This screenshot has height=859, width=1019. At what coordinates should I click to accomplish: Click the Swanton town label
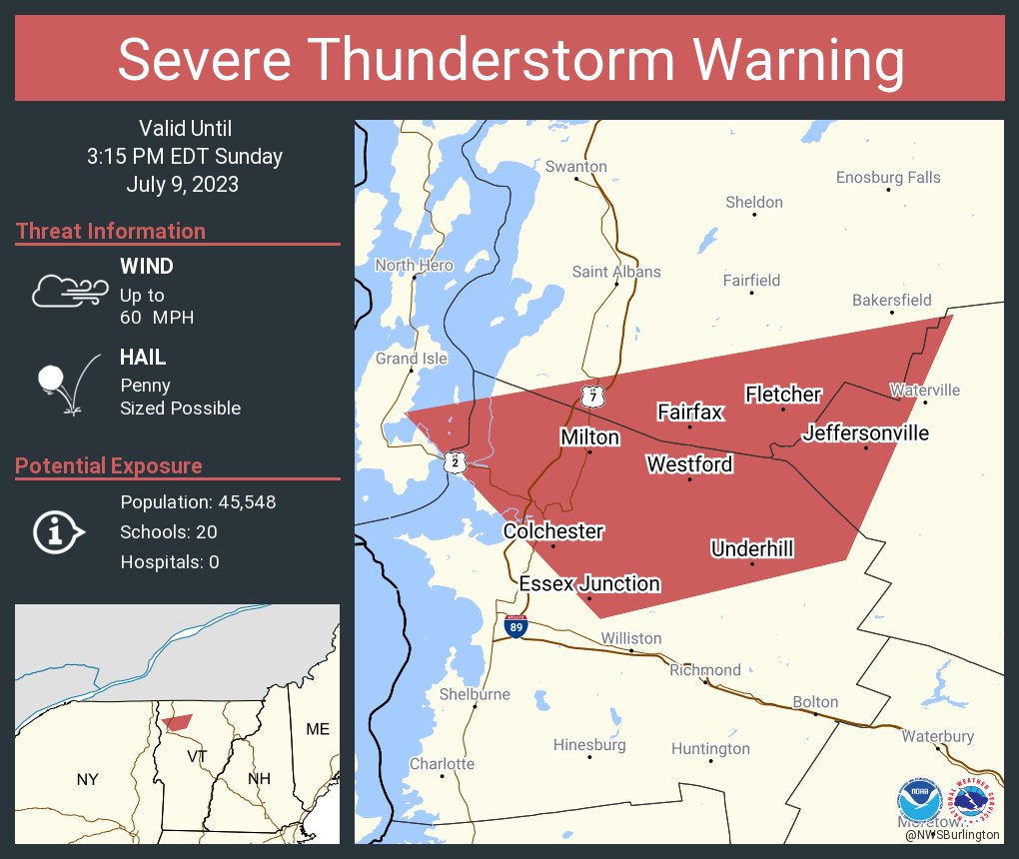pyautogui.click(x=575, y=166)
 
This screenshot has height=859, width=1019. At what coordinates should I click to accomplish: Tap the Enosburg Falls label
pyautogui.click(x=887, y=178)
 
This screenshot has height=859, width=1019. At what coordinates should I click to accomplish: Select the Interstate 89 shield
pyautogui.click(x=515, y=627)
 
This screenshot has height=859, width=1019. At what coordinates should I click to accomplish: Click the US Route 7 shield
pyautogui.click(x=592, y=397)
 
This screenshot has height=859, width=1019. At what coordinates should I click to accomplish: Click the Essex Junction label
pyautogui.click(x=589, y=583)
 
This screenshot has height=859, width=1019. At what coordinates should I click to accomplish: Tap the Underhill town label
pyautogui.click(x=751, y=548)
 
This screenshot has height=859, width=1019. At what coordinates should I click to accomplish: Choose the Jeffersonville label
pyautogui.click(x=865, y=432)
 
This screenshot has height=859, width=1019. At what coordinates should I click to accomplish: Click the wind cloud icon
pyautogui.click(x=69, y=291)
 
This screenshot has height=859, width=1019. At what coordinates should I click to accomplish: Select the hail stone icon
pyautogui.click(x=52, y=380)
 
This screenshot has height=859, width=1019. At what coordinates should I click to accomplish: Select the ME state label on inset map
pyautogui.click(x=318, y=729)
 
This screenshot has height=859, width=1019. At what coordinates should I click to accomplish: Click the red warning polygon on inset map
pyautogui.click(x=177, y=722)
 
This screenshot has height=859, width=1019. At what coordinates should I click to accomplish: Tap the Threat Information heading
pyautogui.click(x=111, y=232)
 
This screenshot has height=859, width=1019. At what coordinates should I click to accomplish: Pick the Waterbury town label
pyautogui.click(x=937, y=736)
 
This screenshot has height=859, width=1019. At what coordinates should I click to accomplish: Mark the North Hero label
pyautogui.click(x=414, y=265)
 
